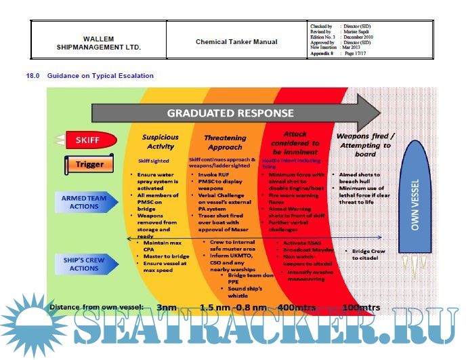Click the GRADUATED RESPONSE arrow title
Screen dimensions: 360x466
click(230, 113)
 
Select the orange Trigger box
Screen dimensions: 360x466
click(89, 163)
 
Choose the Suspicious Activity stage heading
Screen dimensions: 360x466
click(160, 141)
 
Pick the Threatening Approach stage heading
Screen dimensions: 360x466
click(225, 141)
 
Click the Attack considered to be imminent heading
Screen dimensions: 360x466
click(295, 143)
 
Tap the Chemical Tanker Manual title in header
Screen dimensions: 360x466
click(236, 41)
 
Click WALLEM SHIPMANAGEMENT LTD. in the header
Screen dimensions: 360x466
click(98, 43)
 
